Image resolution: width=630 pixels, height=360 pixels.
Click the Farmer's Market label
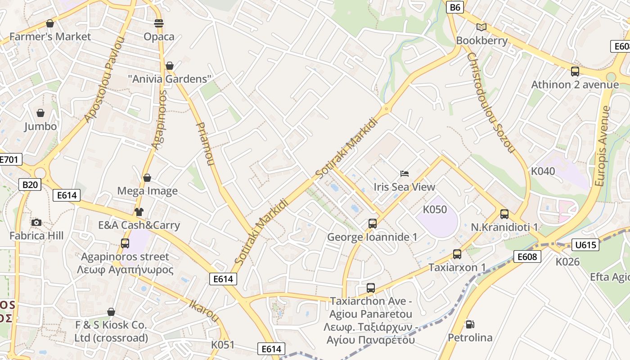pos(50,36)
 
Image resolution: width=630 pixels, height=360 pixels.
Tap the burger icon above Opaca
pos(158,23)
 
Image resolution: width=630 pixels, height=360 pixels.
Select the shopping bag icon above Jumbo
pos(40,112)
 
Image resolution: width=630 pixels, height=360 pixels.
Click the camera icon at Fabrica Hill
pos(36,222)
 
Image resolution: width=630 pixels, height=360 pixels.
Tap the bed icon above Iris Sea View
pos(405,173)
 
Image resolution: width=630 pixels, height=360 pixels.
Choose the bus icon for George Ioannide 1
pos(372,223)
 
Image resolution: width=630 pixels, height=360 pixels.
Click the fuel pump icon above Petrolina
pos(470,324)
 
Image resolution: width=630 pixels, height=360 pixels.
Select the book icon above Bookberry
pos(481,27)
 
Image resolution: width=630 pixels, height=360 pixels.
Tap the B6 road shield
pos(455,7)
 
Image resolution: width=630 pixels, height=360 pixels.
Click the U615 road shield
pos(585,245)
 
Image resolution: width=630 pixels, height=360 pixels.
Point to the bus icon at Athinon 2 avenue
pos(575,71)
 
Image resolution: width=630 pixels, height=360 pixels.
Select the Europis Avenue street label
pos(602,146)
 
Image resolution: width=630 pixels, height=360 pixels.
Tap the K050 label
pos(435,209)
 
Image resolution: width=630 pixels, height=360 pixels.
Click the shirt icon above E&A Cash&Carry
pos(139,211)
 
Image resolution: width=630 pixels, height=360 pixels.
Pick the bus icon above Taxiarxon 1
pos(457,254)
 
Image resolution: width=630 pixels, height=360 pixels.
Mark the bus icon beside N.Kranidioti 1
pos(504,214)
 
